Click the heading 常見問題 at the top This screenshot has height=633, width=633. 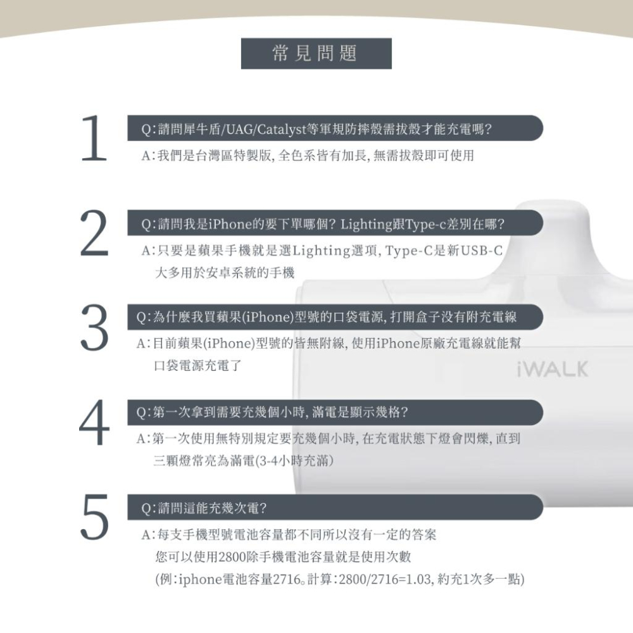point(316,54)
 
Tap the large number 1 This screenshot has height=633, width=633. point(94,140)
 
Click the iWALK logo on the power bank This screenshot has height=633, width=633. point(552,369)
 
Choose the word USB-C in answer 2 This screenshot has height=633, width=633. point(482,251)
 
